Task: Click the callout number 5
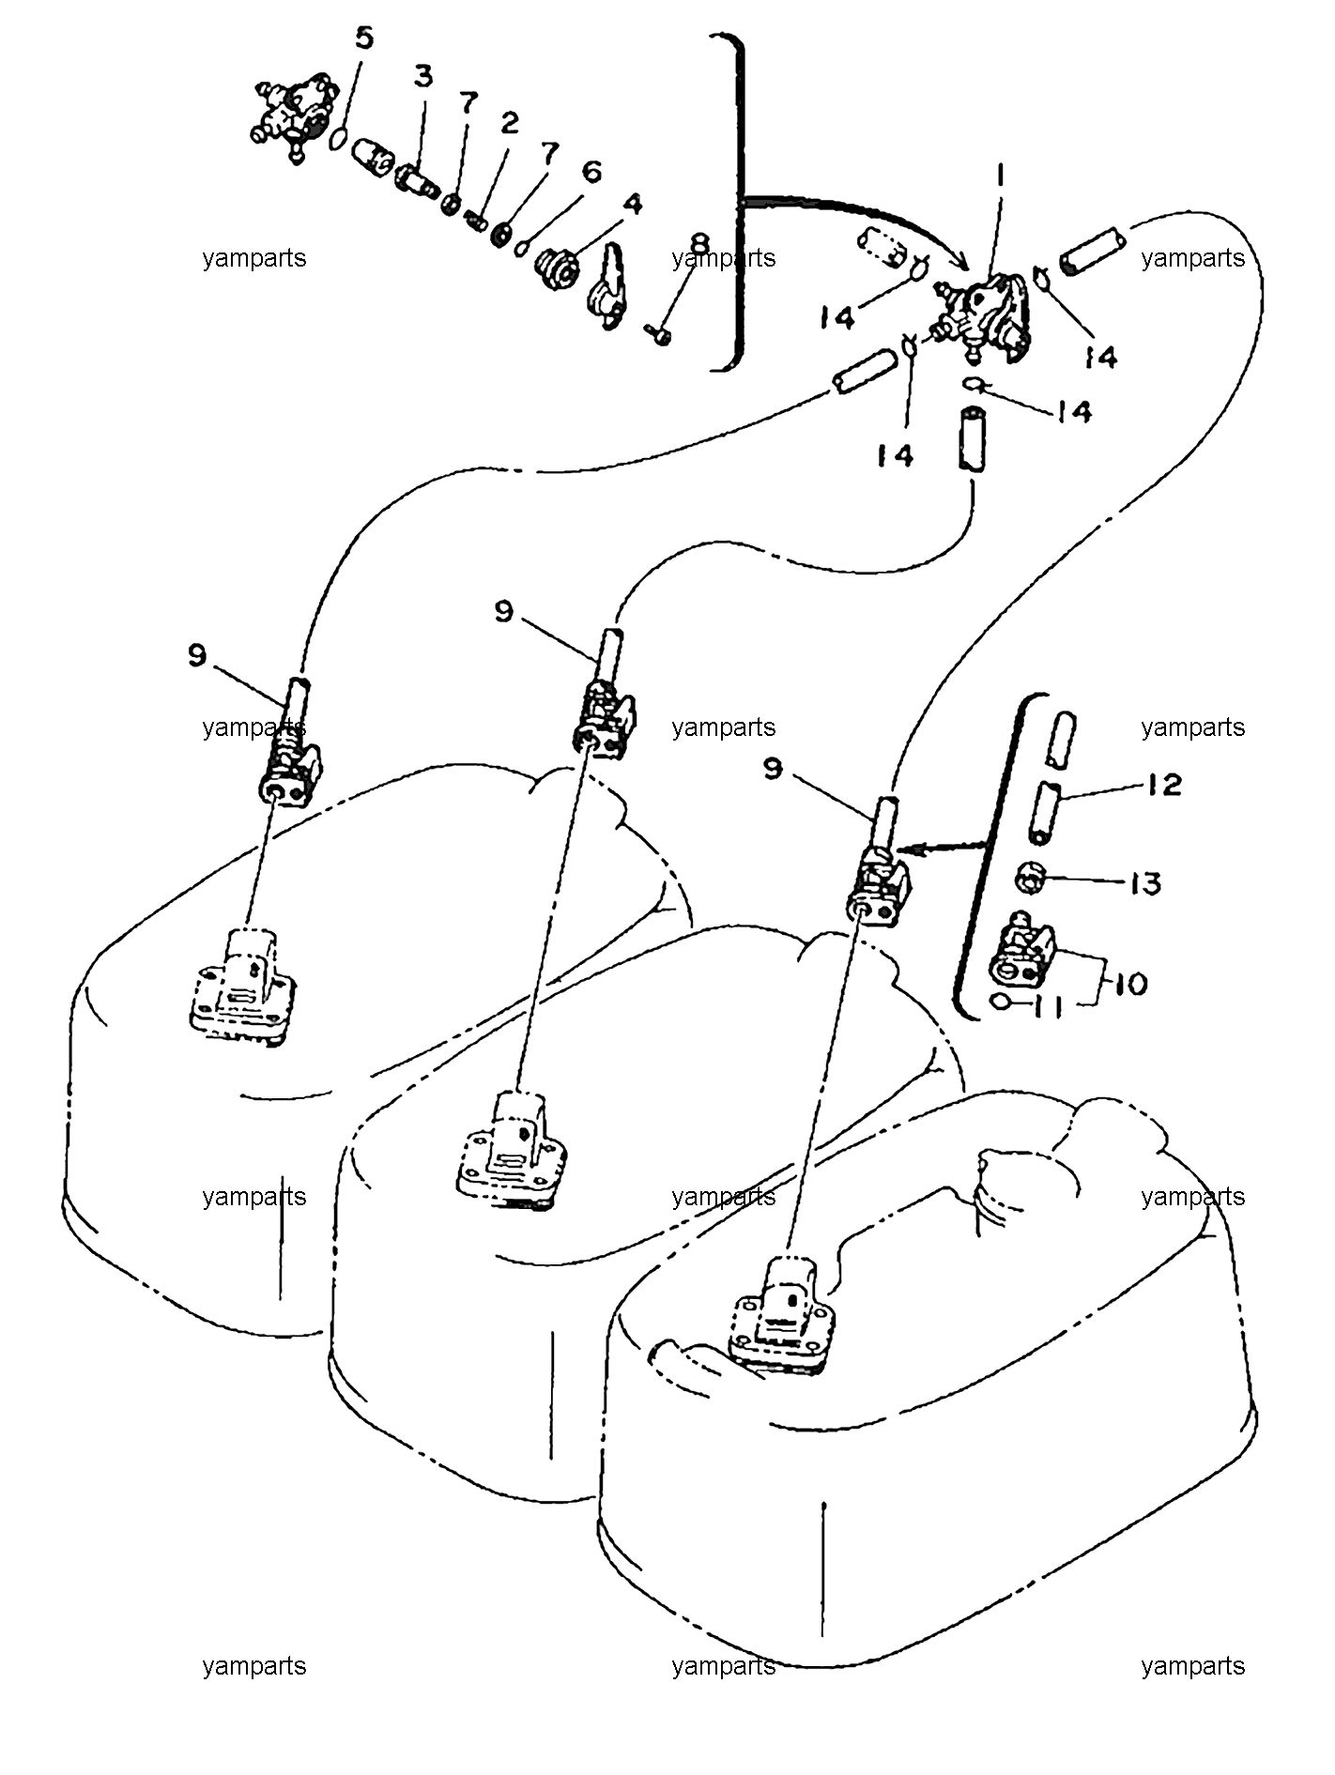click(x=363, y=38)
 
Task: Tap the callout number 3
click(x=424, y=77)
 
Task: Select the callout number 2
click(x=509, y=122)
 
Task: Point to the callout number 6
click(x=591, y=172)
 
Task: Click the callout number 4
click(x=634, y=204)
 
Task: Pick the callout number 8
click(x=698, y=244)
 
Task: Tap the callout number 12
click(x=1164, y=785)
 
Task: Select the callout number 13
click(x=1145, y=883)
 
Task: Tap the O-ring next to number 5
click(x=340, y=139)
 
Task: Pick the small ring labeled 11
click(x=1001, y=1002)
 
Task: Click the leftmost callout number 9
click(x=196, y=655)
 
